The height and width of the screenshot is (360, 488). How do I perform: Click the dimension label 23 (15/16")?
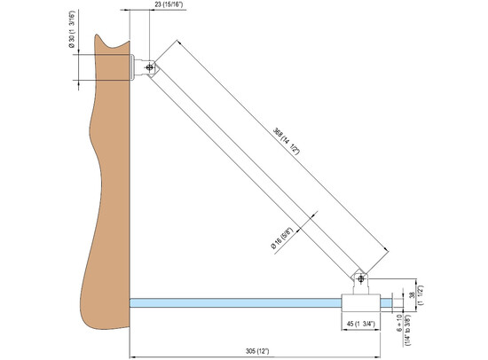coord(169,5)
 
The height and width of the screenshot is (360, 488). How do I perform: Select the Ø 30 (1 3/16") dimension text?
coord(72,30)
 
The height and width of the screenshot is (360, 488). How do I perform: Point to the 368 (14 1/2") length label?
coord(286,141)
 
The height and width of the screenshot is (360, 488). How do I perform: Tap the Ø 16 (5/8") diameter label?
coord(282,239)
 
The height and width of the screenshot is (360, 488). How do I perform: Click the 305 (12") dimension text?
coord(257,351)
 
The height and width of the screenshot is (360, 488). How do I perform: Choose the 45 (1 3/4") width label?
coord(361,324)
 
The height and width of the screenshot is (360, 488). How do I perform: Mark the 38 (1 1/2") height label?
coord(416,295)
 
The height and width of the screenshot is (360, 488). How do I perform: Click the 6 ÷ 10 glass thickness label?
coord(405,330)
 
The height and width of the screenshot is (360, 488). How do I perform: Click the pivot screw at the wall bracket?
coord(150,67)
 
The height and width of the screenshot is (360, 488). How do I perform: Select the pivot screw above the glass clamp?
coord(361,278)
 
